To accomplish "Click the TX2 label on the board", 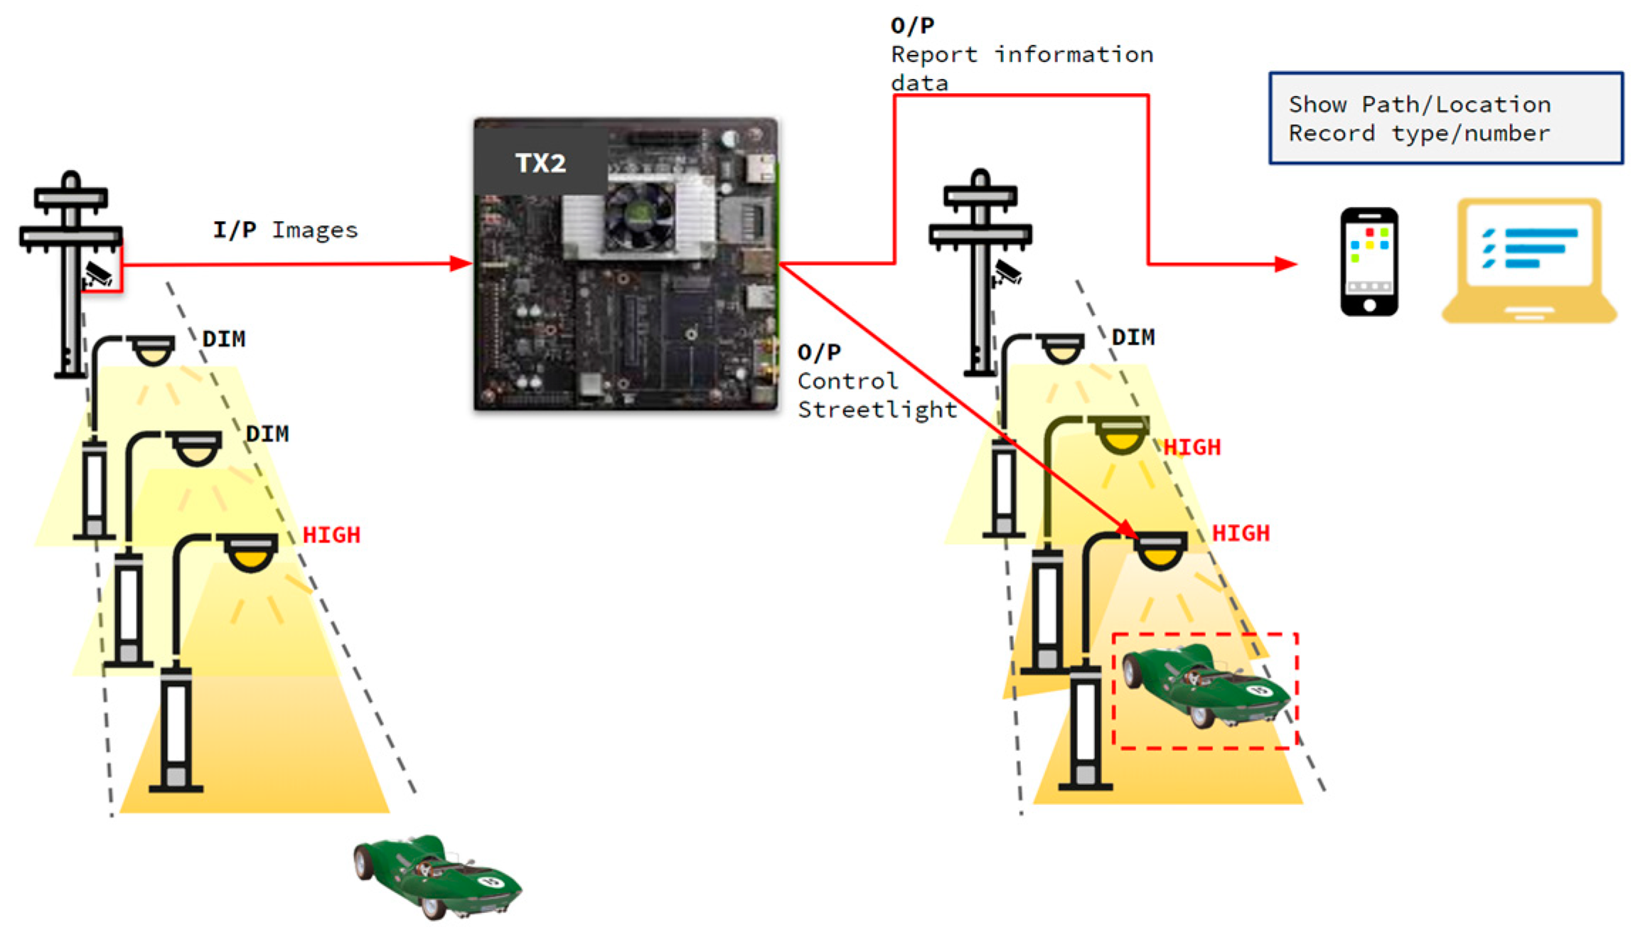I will [540, 163].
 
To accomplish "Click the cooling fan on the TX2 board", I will [638, 216].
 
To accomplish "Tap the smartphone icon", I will [1369, 261].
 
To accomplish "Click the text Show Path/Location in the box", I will [1419, 105].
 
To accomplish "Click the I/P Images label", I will [285, 230].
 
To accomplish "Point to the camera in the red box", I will [100, 273].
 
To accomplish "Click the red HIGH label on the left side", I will [331, 535].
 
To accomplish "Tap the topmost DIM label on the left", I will [224, 338].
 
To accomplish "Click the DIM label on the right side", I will [1133, 337].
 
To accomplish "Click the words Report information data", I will [1021, 68].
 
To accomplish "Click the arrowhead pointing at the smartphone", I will [1285, 264].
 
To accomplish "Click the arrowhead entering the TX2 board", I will [460, 264].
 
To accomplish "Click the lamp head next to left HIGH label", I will [250, 553].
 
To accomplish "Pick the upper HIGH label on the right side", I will [1192, 447].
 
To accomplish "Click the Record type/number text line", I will [1419, 134].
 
